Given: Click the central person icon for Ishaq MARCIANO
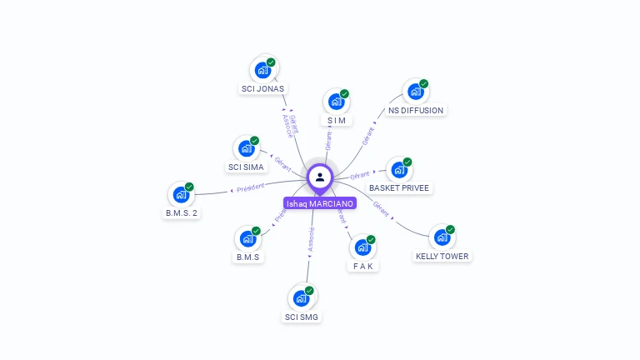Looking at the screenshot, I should (x=320, y=177).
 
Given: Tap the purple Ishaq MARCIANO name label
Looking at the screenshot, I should (x=320, y=203).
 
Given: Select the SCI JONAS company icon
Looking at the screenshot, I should (x=263, y=69).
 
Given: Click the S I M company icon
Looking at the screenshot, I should (x=336, y=102).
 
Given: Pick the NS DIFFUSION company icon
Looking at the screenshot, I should (x=415, y=91).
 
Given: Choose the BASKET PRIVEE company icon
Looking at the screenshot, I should (x=399, y=169).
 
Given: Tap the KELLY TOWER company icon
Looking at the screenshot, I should (x=442, y=237).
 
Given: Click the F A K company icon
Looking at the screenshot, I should (x=362, y=247).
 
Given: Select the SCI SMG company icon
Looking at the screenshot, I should (x=301, y=297).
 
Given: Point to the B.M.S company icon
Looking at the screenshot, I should (x=247, y=238).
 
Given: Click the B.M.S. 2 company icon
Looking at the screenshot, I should (x=181, y=195).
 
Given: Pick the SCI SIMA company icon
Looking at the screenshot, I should (x=246, y=148).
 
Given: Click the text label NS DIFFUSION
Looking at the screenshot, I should (x=416, y=110).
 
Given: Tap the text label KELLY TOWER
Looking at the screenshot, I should (x=442, y=257).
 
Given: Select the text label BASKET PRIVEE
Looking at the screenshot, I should (x=399, y=188).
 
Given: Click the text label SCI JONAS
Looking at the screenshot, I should (x=262, y=88).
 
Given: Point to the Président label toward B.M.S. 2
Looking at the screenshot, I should (x=250, y=187).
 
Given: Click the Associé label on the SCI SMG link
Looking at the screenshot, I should (x=311, y=240).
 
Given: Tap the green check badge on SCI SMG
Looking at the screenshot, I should (x=309, y=290).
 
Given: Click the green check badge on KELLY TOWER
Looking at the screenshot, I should (x=450, y=229).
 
